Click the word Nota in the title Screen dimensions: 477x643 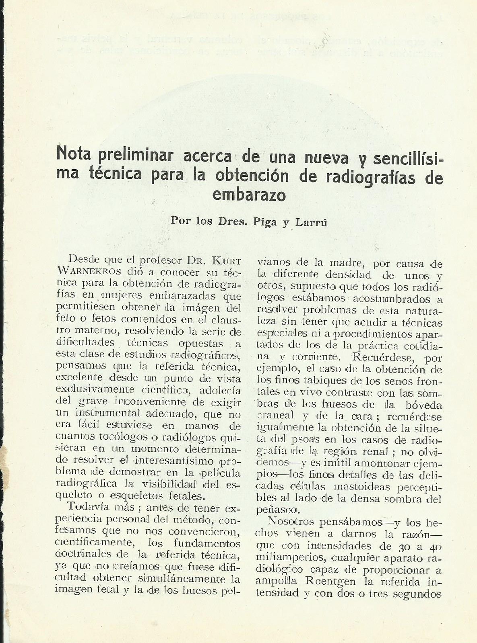pyautogui.click(x=71, y=154)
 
